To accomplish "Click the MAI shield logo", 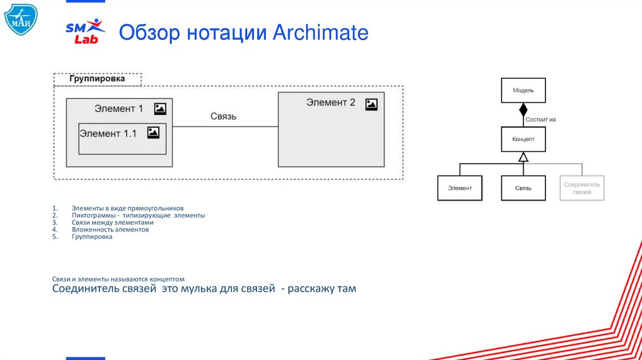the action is [21, 19].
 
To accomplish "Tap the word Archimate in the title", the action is [320, 32].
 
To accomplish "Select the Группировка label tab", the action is [97, 79].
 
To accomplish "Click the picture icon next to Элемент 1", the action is [160, 109].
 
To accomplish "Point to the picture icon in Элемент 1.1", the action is [153, 132].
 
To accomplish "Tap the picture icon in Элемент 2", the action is [371, 103].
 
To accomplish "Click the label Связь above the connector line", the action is [223, 117].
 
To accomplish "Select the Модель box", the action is [523, 90].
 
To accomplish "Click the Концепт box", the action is [523, 139].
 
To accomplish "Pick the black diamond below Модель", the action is [524, 110].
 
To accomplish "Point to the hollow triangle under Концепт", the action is [524, 157].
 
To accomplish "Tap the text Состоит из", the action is [541, 119].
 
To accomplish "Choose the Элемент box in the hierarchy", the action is [460, 188].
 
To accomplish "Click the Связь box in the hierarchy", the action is [523, 188].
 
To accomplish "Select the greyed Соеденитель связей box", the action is [582, 188].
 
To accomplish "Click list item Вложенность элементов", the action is [110, 230].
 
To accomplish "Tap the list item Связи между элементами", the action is [112, 222].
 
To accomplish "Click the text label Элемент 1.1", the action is [108, 133].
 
